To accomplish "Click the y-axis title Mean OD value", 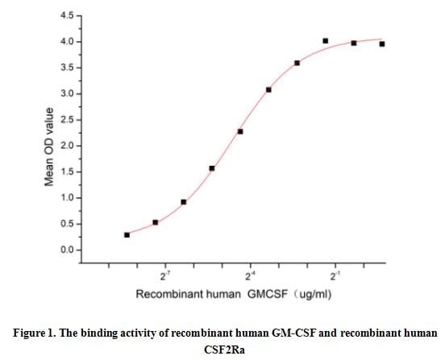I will click(49, 147).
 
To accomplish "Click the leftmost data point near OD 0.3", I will click(127, 234).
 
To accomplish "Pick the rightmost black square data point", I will click(382, 43).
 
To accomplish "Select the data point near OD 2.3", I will click(240, 131).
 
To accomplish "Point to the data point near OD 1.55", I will click(212, 168).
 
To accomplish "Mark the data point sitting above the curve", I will click(326, 40).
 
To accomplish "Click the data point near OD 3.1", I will click(268, 89).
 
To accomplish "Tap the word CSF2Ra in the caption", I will click(222, 349).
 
